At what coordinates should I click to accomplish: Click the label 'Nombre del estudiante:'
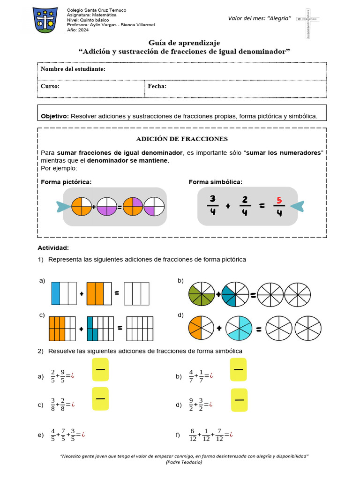tap(73, 69)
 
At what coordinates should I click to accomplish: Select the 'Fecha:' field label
tap(157, 86)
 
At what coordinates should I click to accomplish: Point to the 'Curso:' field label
tap(50, 86)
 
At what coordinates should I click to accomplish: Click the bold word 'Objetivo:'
tap(55, 116)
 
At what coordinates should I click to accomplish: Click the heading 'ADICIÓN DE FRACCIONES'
tap(182, 139)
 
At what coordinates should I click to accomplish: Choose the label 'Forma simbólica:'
tap(216, 182)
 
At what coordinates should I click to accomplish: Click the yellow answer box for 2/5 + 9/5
tap(100, 370)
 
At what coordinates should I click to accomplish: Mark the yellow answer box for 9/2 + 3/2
tap(239, 399)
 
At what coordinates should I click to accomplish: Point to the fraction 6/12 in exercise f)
tap(192, 435)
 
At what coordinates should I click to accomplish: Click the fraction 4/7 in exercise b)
tap(191, 376)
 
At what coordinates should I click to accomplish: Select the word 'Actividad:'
tap(53, 247)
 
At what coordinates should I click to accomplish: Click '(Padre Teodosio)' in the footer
tap(184, 462)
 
